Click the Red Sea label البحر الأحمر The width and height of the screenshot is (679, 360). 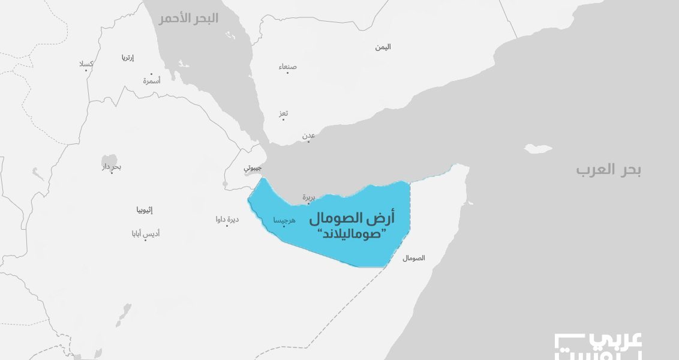pyautogui.click(x=188, y=19)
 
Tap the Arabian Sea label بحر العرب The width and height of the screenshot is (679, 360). pyautogui.click(x=608, y=170)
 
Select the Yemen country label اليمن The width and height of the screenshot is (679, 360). pyautogui.click(x=383, y=47)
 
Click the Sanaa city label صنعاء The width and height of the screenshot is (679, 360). pyautogui.click(x=287, y=67)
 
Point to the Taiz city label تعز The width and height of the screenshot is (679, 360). pyautogui.click(x=284, y=113)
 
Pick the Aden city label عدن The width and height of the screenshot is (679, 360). pyautogui.click(x=308, y=136)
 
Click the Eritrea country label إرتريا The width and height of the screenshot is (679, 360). pyautogui.click(x=127, y=58)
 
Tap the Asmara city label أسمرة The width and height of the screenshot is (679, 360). pyautogui.click(x=151, y=80)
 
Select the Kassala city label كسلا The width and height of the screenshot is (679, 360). pyautogui.click(x=86, y=64)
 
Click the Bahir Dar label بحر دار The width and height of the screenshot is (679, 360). pyautogui.click(x=112, y=166)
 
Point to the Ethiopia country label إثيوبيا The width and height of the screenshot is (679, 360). pyautogui.click(x=144, y=210)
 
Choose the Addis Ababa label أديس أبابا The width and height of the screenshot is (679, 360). pyautogui.click(x=146, y=233)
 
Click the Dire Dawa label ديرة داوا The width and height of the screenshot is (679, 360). pyautogui.click(x=227, y=219)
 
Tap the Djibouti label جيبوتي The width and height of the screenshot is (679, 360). pyautogui.click(x=253, y=169)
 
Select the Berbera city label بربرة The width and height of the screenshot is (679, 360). pyautogui.click(x=308, y=196)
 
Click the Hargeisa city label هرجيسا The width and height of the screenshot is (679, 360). pyautogui.click(x=284, y=221)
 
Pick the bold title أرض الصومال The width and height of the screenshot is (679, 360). pyautogui.click(x=351, y=218)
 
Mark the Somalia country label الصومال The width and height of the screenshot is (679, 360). pyautogui.click(x=413, y=258)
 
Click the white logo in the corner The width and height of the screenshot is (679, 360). pyautogui.click(x=598, y=346)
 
